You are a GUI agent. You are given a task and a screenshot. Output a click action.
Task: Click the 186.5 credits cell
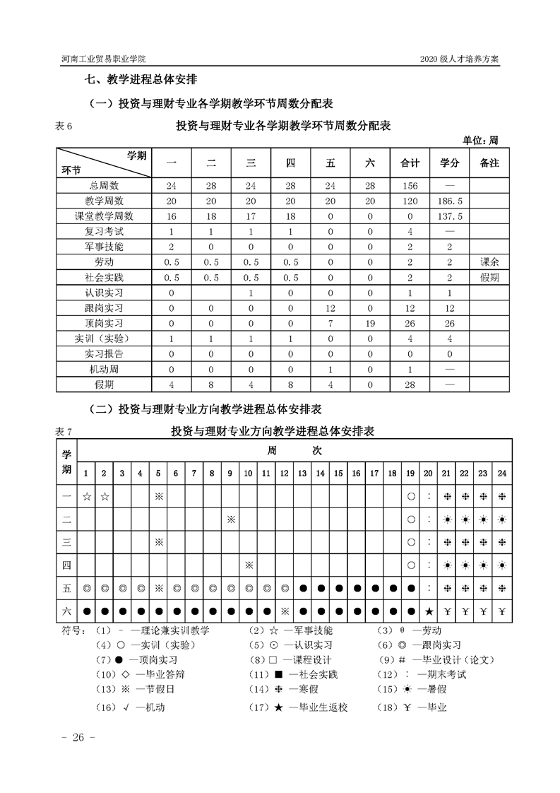pyautogui.click(x=450, y=201)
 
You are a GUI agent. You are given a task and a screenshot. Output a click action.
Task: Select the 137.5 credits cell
pyautogui.click(x=450, y=216)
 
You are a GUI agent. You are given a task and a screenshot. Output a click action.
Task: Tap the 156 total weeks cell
pyautogui.click(x=410, y=185)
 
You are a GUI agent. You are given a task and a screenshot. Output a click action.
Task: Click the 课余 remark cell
pyautogui.click(x=489, y=262)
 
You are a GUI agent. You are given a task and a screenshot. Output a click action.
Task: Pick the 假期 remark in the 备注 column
pyautogui.click(x=489, y=277)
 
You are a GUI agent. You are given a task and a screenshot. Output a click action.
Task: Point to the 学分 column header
pyautogui.click(x=450, y=163)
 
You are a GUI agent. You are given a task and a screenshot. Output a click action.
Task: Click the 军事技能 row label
pyautogui.click(x=103, y=247)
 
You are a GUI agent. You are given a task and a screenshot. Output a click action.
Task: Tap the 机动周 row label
pyautogui.click(x=103, y=370)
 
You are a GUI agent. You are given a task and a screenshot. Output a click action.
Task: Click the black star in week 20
pyautogui.click(x=428, y=611)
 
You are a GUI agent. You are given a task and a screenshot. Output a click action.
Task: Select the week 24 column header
pyautogui.click(x=501, y=472)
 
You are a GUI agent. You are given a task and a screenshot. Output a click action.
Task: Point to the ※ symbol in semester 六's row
pyautogui.click(x=285, y=611)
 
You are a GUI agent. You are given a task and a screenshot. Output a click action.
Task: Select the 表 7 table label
pyautogui.click(x=64, y=431)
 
